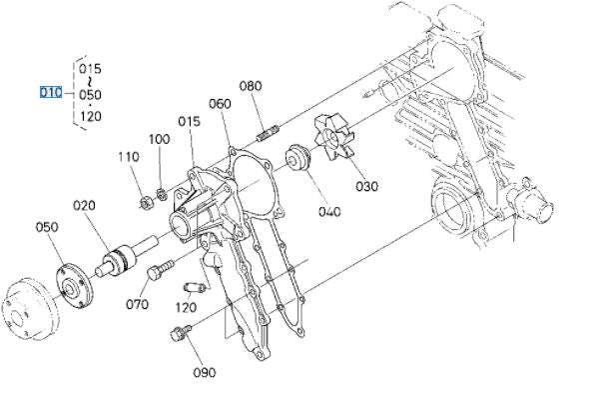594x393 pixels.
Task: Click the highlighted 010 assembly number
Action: point(51,93)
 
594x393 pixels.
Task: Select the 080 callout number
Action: point(251,86)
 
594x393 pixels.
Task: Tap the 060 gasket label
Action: point(220,104)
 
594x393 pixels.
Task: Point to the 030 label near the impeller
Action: point(366,187)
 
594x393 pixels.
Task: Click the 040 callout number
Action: point(329,212)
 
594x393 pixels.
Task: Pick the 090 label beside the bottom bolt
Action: point(205,373)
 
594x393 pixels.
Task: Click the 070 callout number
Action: point(137,304)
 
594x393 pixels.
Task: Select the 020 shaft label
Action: point(84,206)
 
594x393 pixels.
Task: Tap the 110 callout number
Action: point(129,157)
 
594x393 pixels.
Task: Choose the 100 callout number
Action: point(159,139)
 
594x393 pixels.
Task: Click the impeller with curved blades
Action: point(333,138)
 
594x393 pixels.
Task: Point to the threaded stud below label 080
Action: point(268,133)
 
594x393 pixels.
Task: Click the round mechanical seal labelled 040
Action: point(297,158)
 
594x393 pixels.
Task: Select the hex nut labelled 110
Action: point(146,203)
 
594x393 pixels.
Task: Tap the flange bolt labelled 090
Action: point(181,332)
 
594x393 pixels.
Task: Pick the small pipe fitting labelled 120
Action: point(195,288)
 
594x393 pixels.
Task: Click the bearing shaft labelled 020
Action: point(127,256)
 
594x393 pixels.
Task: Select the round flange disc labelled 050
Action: point(74,285)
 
